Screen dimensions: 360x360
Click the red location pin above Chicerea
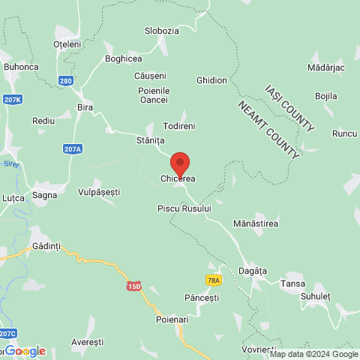(179, 163)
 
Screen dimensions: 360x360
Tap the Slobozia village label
(161, 31)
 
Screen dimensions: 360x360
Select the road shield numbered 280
(67, 81)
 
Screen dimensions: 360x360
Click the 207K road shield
(12, 99)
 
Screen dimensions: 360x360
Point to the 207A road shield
(73, 149)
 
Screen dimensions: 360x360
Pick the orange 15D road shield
(134, 286)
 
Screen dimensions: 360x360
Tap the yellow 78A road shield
(213, 280)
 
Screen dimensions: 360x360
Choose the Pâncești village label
(201, 298)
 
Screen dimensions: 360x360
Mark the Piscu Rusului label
(184, 208)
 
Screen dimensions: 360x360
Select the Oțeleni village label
(67, 44)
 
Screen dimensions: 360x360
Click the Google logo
(25, 351)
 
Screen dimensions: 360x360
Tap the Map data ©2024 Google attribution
(314, 355)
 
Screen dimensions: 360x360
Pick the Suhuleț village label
(315, 295)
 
